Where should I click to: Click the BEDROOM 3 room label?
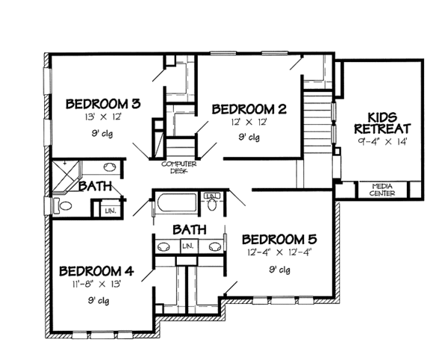(x=104, y=103)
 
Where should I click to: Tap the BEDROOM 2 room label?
(x=249, y=108)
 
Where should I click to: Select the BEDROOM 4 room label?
(x=96, y=270)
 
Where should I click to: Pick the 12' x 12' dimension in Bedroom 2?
(x=249, y=121)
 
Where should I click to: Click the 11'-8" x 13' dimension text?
(x=96, y=283)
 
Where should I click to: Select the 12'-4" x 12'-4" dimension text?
(x=280, y=252)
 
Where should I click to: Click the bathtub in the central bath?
(x=176, y=205)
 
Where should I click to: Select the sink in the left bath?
(x=108, y=168)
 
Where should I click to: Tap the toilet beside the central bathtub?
(x=213, y=202)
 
